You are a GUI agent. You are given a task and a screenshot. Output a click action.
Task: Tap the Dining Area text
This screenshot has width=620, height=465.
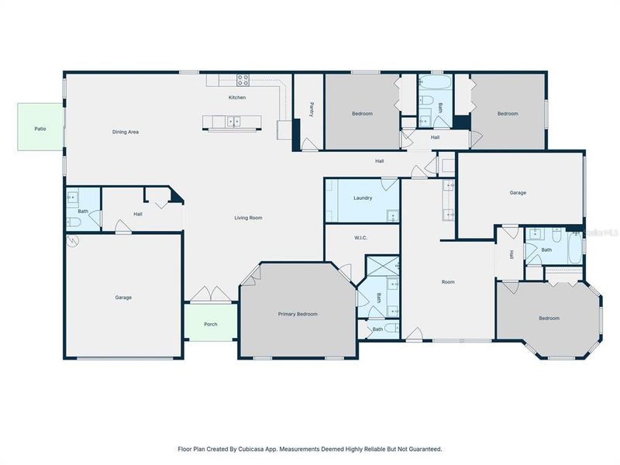coord(126,132)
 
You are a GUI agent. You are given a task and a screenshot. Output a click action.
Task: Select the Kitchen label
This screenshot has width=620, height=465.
coord(236,98)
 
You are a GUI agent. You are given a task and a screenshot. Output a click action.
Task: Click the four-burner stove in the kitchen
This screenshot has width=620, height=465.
coord(243,78)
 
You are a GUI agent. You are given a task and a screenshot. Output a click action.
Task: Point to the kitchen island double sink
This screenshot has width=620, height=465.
coord(232,121)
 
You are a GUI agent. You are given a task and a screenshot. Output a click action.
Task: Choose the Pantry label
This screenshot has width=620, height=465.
coord(311,109)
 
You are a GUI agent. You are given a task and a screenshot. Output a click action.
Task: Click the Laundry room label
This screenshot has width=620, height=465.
coord(363,198)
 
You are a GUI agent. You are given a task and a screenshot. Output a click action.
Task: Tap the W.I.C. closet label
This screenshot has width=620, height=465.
coord(360,238)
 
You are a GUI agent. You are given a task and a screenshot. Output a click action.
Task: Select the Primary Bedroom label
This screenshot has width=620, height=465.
coord(298,314)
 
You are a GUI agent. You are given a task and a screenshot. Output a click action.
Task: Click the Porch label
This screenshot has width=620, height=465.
coord(210,324)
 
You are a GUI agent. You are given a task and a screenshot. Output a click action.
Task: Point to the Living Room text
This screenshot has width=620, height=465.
coord(248,218)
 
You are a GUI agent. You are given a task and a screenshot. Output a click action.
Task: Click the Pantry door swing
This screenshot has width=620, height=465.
coord(309,144)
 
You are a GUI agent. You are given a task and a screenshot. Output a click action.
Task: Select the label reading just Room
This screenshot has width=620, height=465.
coord(448,282)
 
